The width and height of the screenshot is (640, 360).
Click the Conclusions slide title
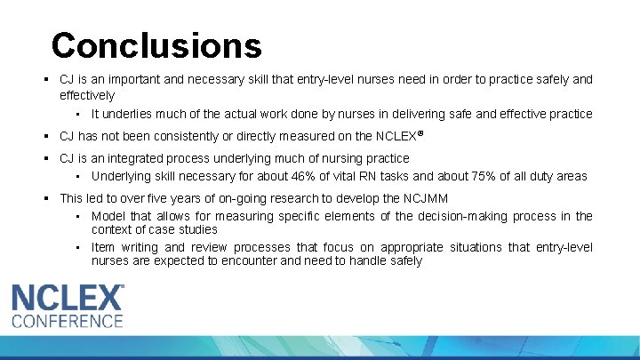[x=156, y=44]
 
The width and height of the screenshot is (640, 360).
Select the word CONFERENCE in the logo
[x=68, y=321]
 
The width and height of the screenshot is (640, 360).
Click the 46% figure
[x=327, y=176]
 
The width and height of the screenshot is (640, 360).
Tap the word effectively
[x=87, y=95]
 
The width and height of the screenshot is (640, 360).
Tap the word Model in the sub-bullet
[x=108, y=216]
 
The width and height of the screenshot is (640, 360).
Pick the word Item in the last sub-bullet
[x=103, y=247]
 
